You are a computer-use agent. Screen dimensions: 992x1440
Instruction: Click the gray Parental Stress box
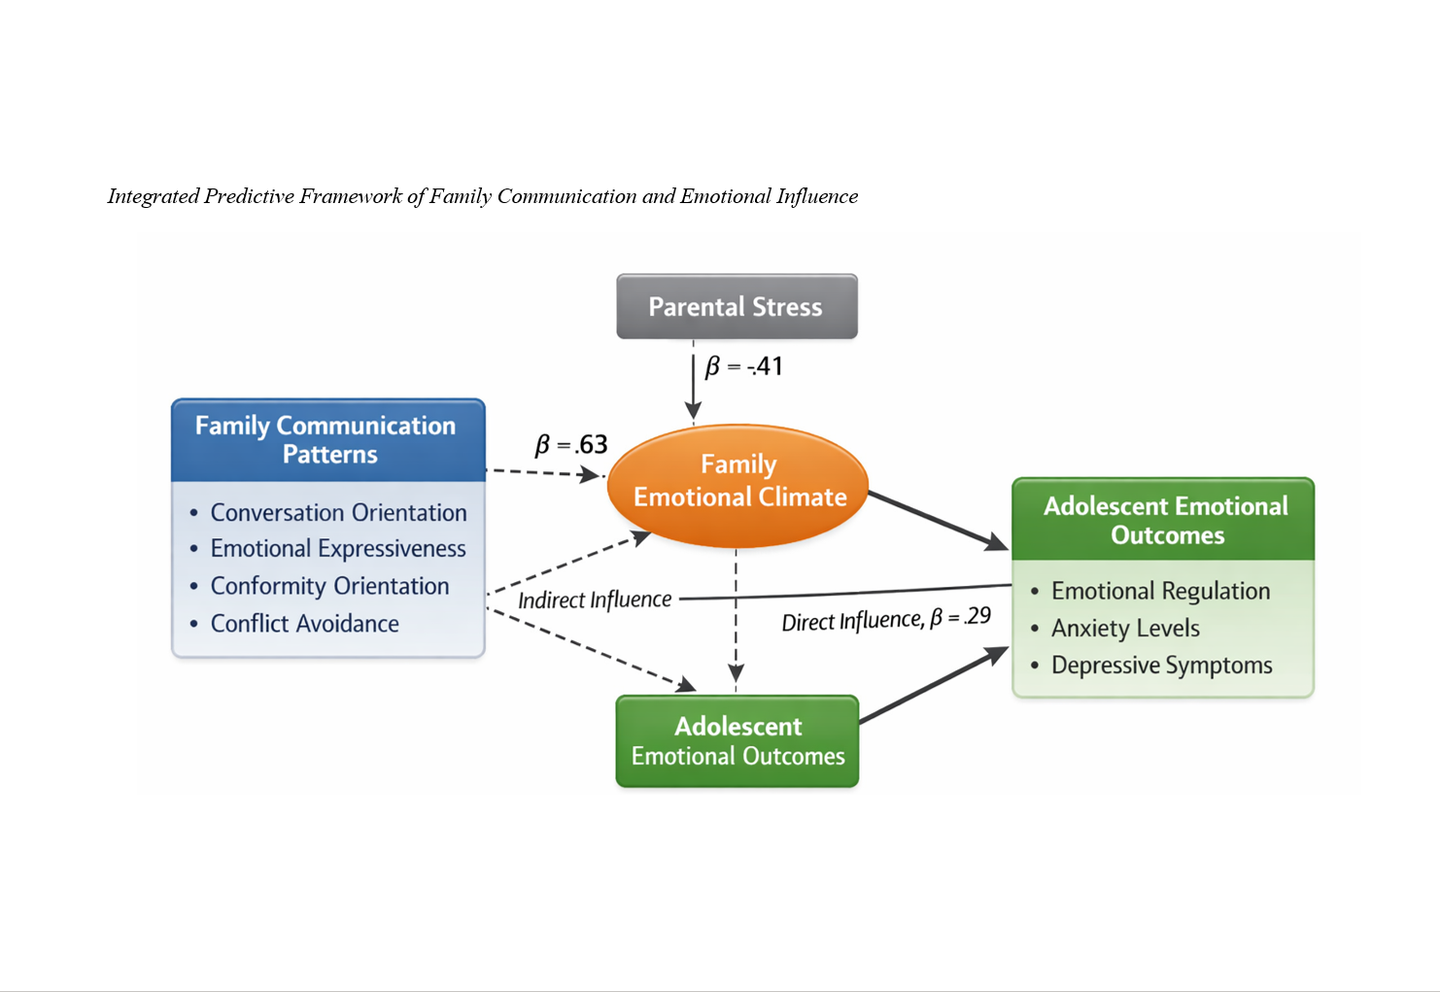737,307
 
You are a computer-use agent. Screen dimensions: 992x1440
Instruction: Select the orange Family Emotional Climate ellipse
737,483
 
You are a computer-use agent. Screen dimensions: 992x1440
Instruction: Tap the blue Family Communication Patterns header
327,440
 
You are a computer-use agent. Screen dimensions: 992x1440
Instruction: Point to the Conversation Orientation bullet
338,513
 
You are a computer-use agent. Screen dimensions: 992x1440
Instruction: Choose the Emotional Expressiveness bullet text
338,549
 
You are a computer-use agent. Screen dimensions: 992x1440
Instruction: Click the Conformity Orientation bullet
329,587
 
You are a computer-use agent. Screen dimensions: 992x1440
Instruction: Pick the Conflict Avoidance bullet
304,624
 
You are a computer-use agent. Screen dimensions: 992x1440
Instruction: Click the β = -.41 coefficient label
744,367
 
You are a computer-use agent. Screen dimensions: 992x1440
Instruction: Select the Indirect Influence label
595,599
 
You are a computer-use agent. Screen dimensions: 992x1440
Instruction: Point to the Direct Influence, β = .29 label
886,619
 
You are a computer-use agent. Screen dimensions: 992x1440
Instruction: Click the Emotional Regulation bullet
1160,592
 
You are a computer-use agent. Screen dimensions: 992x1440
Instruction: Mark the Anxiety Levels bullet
1125,629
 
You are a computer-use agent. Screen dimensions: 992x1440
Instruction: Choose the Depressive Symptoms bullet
1161,666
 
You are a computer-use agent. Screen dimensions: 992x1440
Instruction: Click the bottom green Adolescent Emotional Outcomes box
737,741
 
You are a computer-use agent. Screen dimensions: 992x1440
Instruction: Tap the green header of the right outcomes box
1164,520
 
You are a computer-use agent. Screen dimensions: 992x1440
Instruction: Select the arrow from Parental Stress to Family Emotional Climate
693,383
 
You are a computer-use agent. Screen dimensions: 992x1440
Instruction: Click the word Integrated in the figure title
153,197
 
